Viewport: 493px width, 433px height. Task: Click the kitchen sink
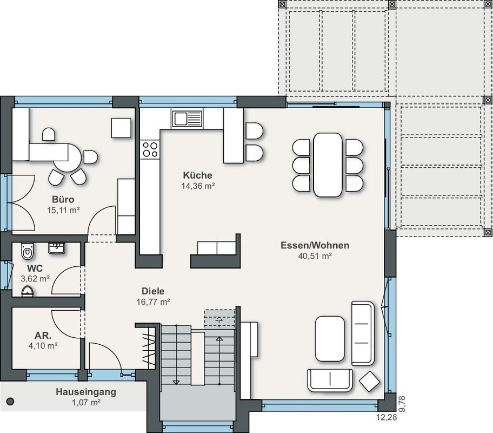pos(186,119)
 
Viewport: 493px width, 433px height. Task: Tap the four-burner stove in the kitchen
pos(150,149)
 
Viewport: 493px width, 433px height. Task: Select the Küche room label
pos(197,175)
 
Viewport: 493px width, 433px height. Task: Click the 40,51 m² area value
pos(315,256)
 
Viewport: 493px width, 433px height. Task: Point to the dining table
pos(328,165)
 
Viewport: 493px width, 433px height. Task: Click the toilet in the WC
pos(28,251)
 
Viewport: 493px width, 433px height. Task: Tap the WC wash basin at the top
pos(57,248)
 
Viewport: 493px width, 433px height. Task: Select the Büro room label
pos(63,200)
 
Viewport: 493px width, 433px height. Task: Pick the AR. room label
pos(43,336)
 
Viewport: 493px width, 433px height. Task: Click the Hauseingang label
pos(86,392)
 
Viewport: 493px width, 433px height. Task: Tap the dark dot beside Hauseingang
pos(11,401)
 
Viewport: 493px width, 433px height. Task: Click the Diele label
pos(153,291)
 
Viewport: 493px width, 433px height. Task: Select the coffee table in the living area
pos(330,339)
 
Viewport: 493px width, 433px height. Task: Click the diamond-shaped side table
pos(370,382)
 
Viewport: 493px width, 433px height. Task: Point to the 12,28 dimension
pos(387,417)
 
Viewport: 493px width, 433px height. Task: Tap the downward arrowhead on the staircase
pos(176,382)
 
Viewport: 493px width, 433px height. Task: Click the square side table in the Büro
pos(121,128)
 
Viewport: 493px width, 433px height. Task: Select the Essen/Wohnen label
pos(315,245)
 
